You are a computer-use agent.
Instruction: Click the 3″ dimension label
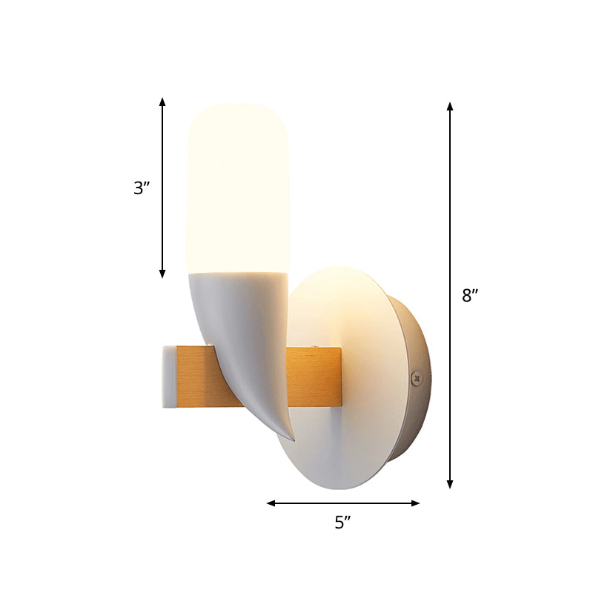pos(142,188)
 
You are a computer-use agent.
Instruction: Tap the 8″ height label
pos(470,296)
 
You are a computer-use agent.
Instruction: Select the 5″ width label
pos(342,523)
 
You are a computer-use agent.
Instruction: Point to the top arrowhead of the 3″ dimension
pos(162,101)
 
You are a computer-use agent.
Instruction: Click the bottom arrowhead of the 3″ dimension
pos(162,274)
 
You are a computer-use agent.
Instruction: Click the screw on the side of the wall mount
pos(416,377)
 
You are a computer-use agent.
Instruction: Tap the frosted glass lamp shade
pos(236,193)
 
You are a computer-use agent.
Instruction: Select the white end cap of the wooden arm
pos(168,377)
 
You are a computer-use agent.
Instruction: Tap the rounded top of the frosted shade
pos(237,111)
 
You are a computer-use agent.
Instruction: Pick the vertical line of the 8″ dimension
pos(450,222)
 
